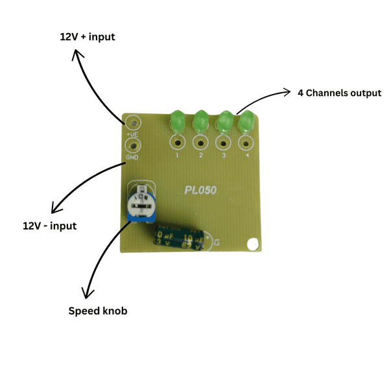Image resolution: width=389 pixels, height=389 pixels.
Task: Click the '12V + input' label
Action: pos(87,37)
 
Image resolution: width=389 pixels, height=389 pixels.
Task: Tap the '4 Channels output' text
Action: pos(339,93)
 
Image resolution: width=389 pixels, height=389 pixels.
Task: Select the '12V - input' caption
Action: pos(49,226)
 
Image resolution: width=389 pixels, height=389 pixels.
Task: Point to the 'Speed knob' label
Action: pos(98,311)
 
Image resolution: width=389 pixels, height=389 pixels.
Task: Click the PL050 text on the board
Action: pos(200,190)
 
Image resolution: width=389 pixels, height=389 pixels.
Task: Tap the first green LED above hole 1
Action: pos(177,121)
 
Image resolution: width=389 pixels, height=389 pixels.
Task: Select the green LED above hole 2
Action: pos(200,121)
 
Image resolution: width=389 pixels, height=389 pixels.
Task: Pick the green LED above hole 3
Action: pos(224,121)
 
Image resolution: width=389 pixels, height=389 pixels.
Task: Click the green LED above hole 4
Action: pos(246,121)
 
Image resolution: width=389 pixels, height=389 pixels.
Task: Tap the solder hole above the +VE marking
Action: pos(133,122)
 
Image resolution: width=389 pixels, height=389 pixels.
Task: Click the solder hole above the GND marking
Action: pos(133,146)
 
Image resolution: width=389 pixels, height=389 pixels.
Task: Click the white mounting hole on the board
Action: pos(253,244)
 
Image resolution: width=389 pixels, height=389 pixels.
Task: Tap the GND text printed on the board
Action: pos(132,158)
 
